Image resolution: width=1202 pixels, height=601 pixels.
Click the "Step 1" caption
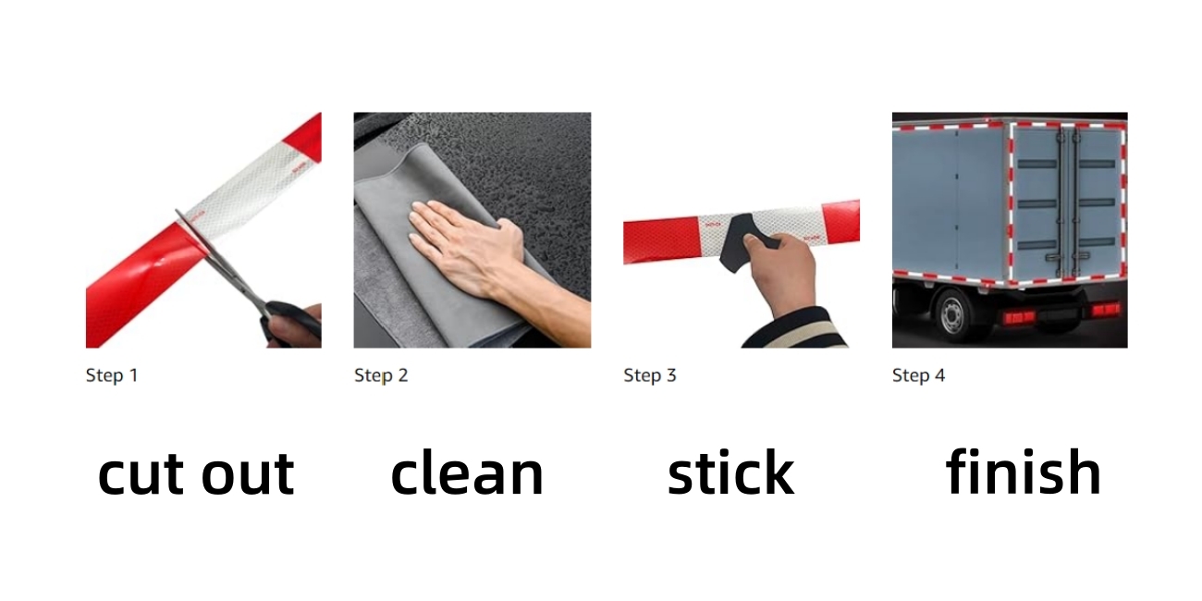(x=111, y=375)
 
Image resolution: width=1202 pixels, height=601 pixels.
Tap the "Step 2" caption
(x=380, y=375)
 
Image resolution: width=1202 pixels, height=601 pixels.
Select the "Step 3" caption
(x=649, y=375)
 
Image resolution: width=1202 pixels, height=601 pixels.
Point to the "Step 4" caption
(x=918, y=375)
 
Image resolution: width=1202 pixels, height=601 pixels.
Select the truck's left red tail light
(x=1019, y=317)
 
